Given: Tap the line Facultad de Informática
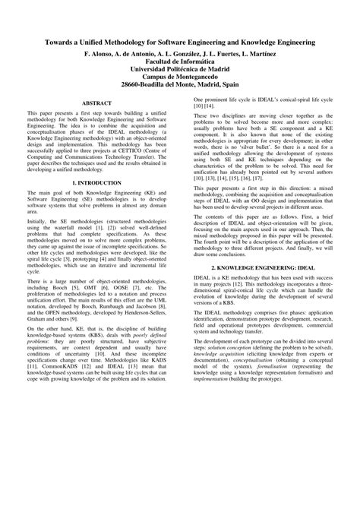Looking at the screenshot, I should click(180, 66).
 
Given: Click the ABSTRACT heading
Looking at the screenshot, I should click(96, 122).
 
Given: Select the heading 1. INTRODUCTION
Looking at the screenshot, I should click(96, 205).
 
